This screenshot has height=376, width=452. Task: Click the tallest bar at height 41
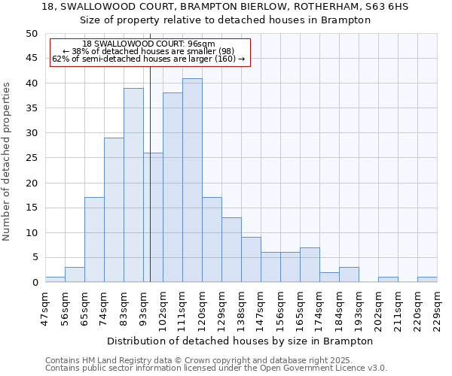pyautogui.click(x=192, y=180)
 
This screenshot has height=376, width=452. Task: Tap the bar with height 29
pyautogui.click(x=114, y=210)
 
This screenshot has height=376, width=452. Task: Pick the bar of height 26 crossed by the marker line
pyautogui.click(x=153, y=217)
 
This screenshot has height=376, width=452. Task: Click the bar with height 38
pyautogui.click(x=173, y=187)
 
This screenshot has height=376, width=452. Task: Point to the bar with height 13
pyautogui.click(x=231, y=250)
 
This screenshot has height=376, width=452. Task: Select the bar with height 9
pyautogui.click(x=251, y=259)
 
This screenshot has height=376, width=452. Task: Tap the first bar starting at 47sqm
pyautogui.click(x=55, y=279)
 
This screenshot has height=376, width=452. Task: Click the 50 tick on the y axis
pyautogui.click(x=31, y=34)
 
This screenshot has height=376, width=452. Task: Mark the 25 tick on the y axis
pyautogui.click(x=31, y=158)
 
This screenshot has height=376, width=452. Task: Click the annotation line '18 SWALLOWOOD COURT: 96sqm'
pyautogui.click(x=149, y=44)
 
